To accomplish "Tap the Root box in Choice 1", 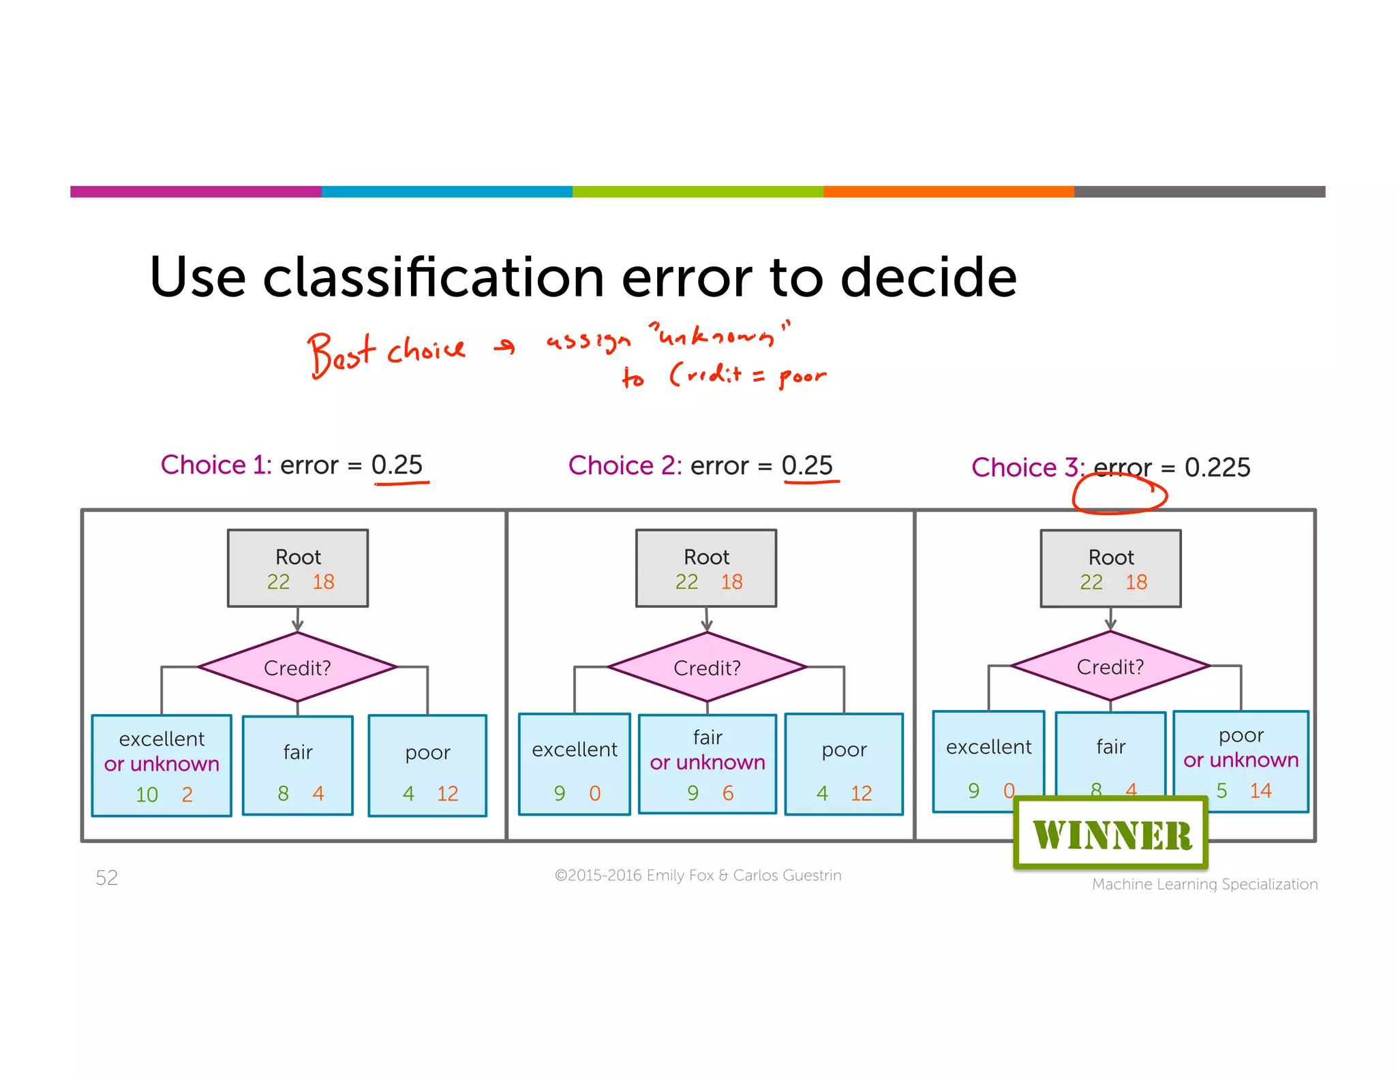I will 298,568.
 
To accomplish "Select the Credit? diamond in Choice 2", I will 707,667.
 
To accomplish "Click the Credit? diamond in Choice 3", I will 1110,666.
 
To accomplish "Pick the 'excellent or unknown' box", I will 162,765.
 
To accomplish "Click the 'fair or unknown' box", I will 708,763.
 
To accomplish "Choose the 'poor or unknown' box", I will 1241,760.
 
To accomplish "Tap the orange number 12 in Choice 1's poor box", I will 448,793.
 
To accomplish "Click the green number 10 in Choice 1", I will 147,795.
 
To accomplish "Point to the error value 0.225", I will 1217,467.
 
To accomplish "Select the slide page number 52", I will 107,878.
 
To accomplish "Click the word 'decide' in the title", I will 928,277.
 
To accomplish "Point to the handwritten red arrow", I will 505,348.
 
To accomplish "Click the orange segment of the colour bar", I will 948,191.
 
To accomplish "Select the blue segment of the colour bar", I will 446,191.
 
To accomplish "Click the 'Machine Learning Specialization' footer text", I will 1204,884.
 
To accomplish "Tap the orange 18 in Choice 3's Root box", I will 1136,582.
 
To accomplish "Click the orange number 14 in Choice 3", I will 1260,790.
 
